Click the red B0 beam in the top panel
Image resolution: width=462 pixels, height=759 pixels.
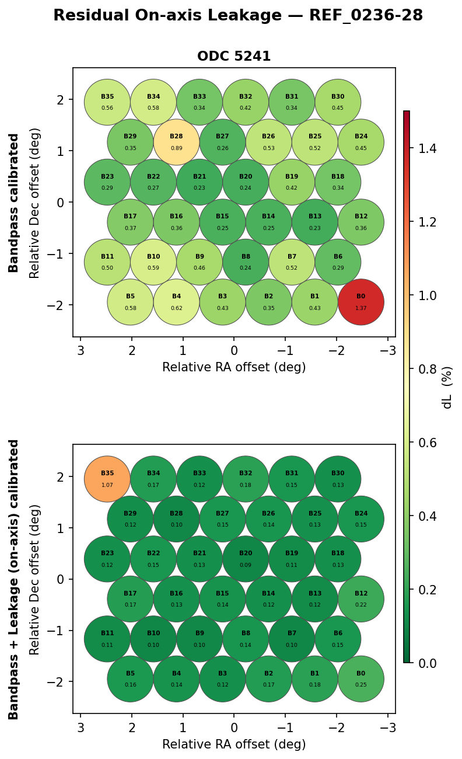[x=361, y=302]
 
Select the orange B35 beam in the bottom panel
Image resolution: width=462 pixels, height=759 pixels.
[x=107, y=479]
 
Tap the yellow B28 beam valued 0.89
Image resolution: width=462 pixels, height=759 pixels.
[x=176, y=142]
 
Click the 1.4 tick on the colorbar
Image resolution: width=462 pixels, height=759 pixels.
[x=428, y=148]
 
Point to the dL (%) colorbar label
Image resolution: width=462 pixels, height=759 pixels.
[x=447, y=387]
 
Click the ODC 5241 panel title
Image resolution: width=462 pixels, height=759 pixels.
[x=234, y=57]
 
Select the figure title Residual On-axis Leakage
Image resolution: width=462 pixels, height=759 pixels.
[x=238, y=16]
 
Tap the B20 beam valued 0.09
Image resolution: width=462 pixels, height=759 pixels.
[x=246, y=559]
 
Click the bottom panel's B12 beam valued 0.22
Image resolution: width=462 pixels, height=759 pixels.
[x=361, y=599]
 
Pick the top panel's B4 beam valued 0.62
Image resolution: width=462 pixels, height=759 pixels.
[x=176, y=302]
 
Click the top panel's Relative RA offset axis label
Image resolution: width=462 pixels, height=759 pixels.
[x=234, y=367]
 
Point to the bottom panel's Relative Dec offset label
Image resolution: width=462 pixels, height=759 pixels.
[x=35, y=579]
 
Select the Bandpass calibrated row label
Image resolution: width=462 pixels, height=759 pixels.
[x=14, y=203]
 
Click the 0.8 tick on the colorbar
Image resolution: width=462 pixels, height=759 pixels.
[x=428, y=369]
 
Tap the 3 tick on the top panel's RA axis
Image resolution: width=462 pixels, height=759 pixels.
[x=80, y=351]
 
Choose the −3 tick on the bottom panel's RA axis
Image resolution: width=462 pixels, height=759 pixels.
[x=387, y=728]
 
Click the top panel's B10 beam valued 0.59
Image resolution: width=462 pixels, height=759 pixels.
[x=153, y=262]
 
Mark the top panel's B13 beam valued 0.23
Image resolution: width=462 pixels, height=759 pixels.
[x=315, y=222]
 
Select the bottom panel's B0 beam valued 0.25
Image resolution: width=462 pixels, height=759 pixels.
[x=361, y=679]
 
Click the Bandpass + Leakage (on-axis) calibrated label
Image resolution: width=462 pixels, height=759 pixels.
[x=14, y=579]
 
